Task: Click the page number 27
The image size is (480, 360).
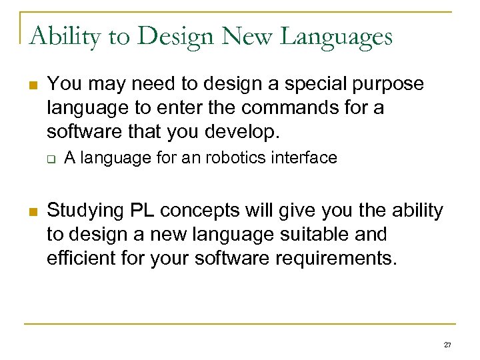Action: click(x=447, y=345)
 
